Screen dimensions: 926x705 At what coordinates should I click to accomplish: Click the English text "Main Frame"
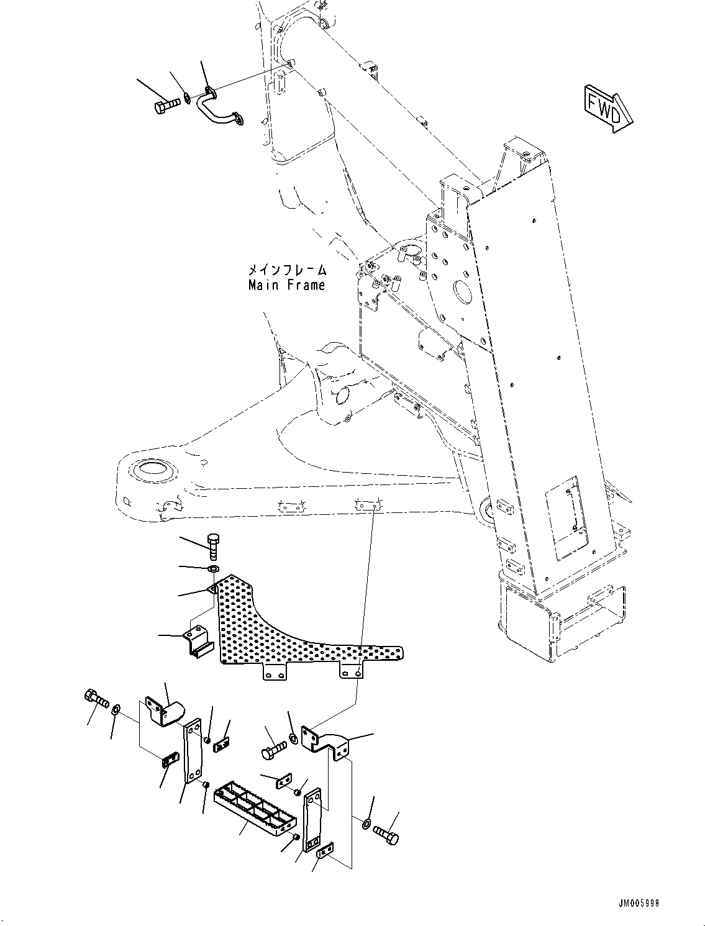point(286,286)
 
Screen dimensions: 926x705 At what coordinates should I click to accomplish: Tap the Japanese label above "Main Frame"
point(286,270)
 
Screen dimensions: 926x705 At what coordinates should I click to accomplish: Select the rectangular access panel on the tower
point(565,515)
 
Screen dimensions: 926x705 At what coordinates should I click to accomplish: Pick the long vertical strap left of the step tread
point(193,753)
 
